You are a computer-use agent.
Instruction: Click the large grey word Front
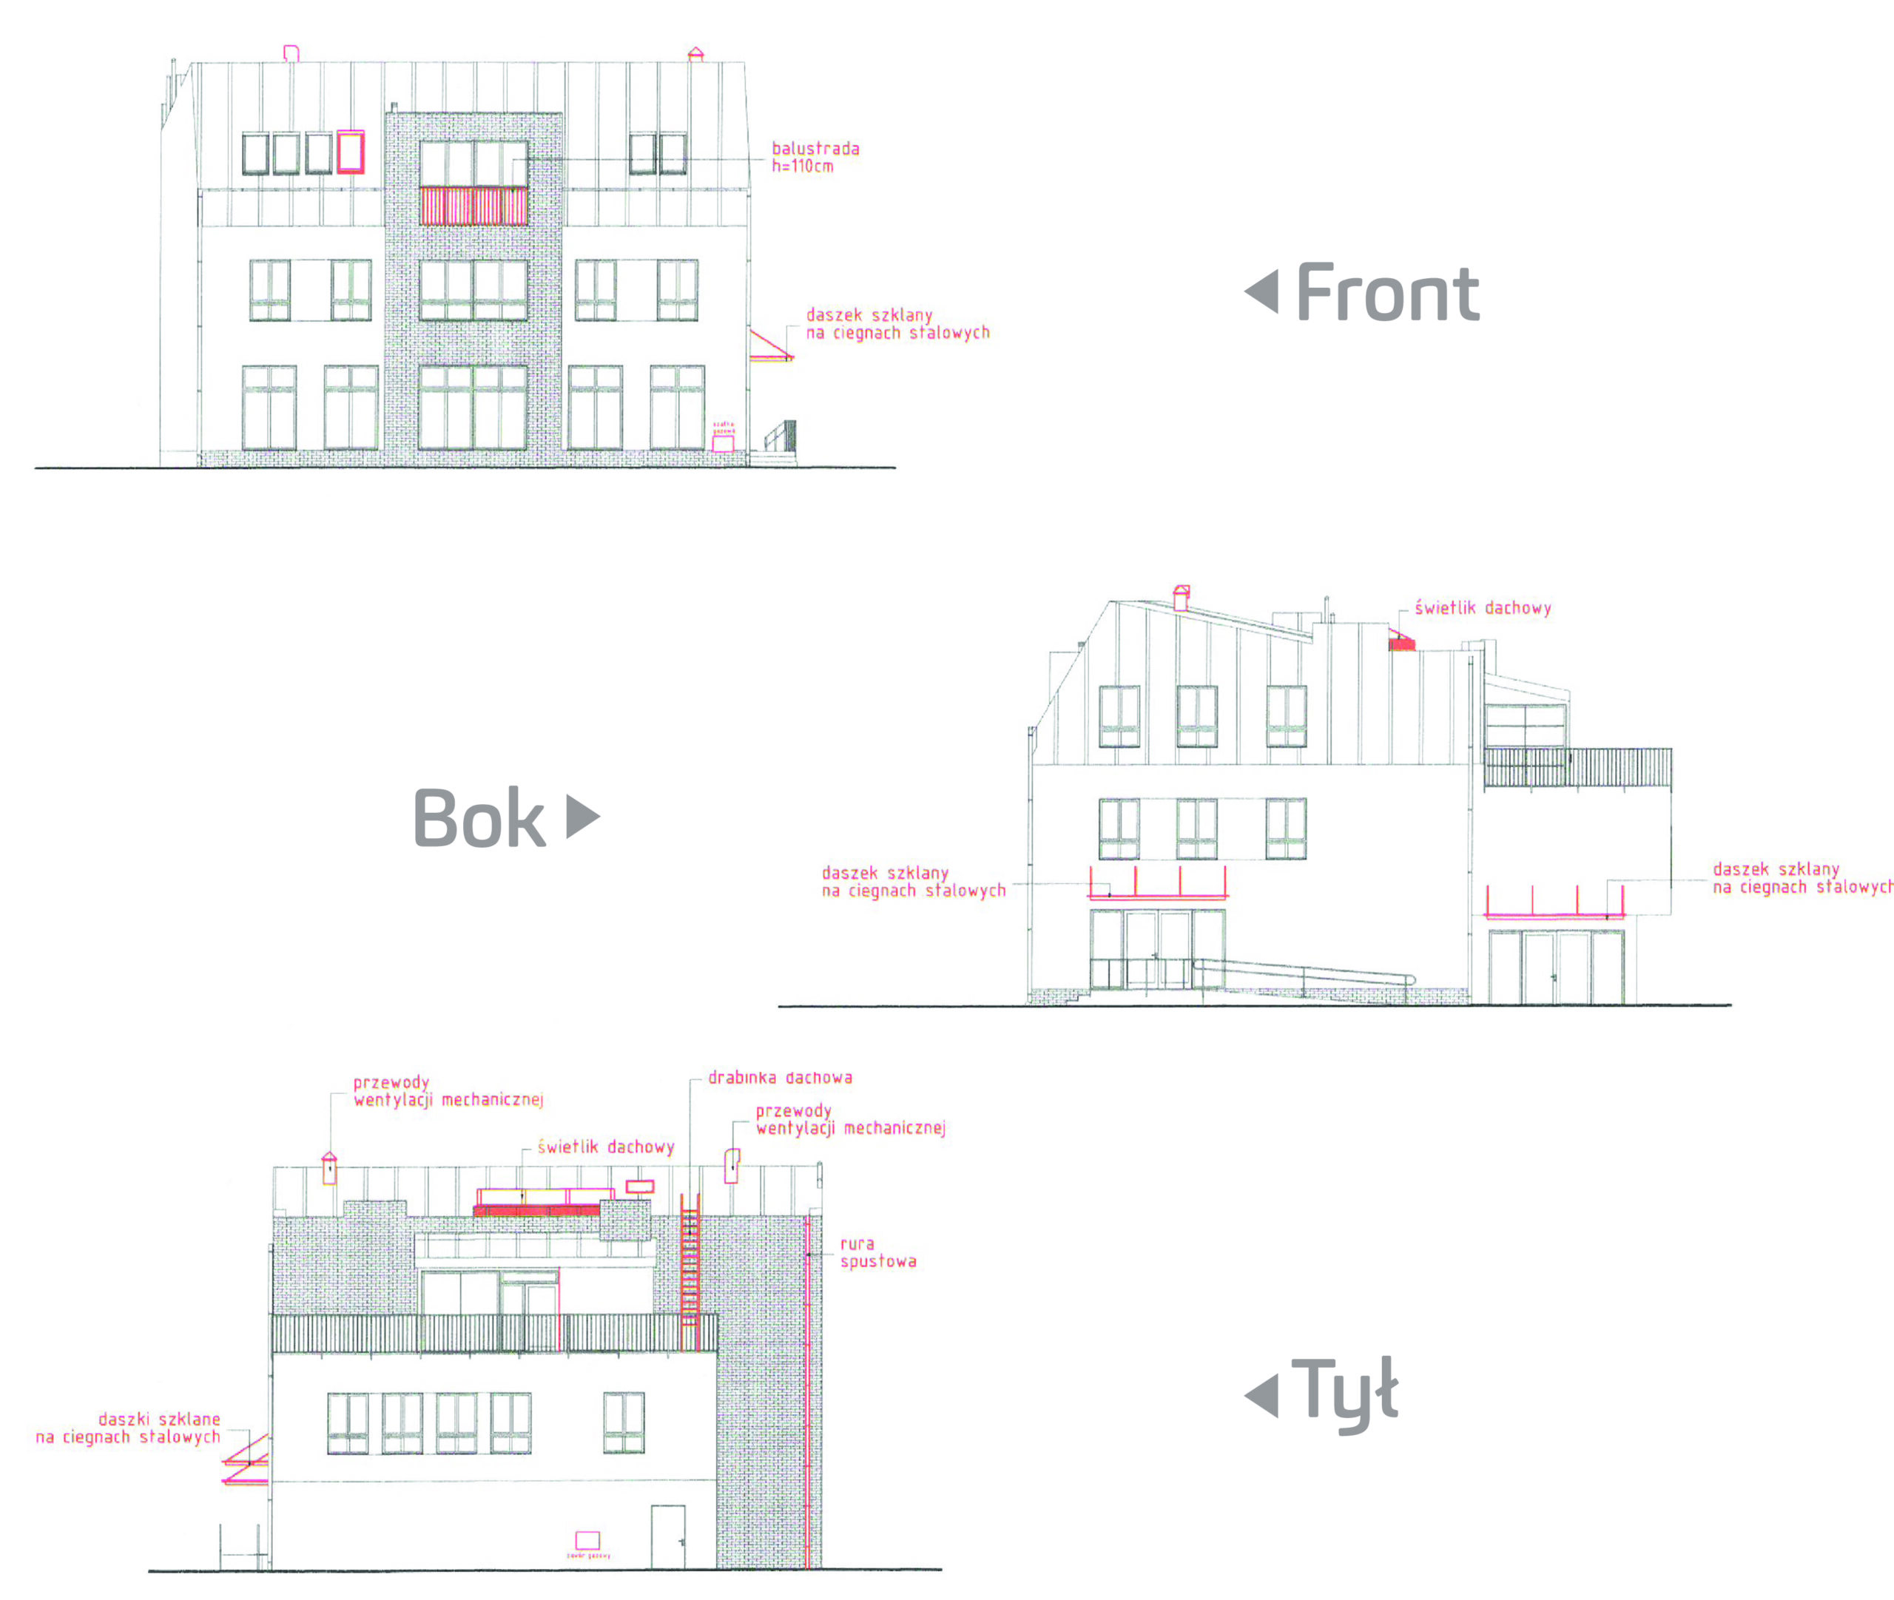tap(1387, 292)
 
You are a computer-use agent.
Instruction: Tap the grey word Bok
tap(479, 817)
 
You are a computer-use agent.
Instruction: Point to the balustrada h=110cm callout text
tap(815, 157)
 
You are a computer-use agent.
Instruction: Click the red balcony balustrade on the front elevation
tap(473, 206)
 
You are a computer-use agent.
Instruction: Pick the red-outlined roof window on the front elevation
tap(351, 152)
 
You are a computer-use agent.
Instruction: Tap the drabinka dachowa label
tap(779, 1078)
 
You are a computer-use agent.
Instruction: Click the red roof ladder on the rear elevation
tap(690, 1270)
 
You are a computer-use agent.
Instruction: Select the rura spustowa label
tap(877, 1252)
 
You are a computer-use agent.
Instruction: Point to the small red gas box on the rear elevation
tap(587, 1540)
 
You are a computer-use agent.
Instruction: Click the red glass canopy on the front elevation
tap(770, 348)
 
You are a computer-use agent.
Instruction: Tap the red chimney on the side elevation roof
tap(1181, 597)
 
